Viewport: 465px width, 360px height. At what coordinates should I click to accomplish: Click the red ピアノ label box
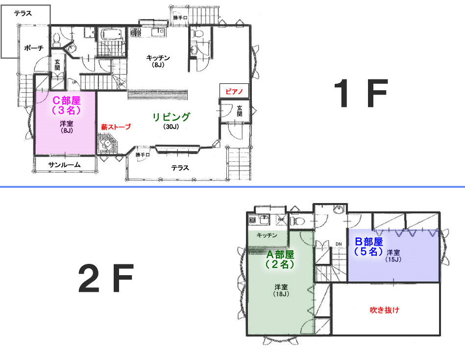pos(234,91)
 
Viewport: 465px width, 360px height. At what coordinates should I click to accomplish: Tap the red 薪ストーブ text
pos(116,127)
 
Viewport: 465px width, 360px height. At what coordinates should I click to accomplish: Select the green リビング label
pos(171,117)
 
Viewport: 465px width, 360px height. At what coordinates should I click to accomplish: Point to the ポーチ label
pos(34,48)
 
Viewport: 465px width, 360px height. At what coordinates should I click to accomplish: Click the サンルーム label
pos(64,165)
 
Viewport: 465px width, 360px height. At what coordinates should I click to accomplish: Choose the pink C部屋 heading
pos(67,101)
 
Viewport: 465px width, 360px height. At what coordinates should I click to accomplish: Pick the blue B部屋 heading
pos(369,242)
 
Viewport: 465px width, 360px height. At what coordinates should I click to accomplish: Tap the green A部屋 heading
pos(280,255)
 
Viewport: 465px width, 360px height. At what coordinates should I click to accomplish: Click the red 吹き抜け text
pos(385,310)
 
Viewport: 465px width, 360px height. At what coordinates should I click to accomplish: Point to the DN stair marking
pos(339,244)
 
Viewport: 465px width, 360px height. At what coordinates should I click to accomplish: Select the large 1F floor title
pos(361,93)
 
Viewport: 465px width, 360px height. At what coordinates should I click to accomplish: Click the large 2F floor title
pos(106,278)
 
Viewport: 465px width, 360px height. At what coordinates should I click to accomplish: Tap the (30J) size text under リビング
pos(171,127)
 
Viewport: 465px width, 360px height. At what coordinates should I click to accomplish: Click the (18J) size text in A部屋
pos(281,294)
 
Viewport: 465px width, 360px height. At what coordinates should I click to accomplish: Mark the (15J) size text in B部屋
pos(393,259)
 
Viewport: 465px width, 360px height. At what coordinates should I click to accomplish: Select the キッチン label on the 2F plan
pos(267,235)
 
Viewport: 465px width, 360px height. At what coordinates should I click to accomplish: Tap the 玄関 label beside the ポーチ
pos(57,65)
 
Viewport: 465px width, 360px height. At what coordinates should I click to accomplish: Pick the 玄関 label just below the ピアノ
pos(239,111)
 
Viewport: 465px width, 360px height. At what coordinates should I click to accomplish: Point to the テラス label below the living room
pos(180,168)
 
